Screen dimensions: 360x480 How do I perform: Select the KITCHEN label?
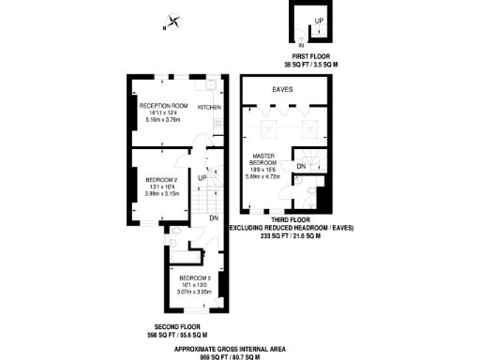[209, 108]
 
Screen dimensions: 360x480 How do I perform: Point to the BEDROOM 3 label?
[194, 278]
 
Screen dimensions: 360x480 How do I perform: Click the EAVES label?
[282, 89]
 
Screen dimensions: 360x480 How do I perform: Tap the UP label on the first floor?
[320, 21]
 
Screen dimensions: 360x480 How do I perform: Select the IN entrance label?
[302, 45]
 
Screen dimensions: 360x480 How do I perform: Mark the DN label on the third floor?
[301, 166]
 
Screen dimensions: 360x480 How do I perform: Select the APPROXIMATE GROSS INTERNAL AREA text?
[239, 346]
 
